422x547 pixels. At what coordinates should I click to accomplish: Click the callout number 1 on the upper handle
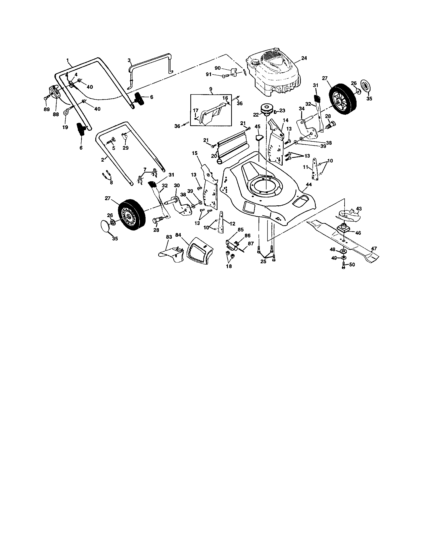point(67,60)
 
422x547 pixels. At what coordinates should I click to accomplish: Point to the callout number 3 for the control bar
point(129,60)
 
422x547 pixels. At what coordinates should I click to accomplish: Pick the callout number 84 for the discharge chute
point(178,235)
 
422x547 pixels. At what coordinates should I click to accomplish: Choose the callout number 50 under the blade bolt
point(352,265)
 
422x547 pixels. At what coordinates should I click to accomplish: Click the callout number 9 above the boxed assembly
point(211,89)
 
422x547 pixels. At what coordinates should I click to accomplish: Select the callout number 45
point(257,127)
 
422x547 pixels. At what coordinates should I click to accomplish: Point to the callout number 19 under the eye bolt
point(65,127)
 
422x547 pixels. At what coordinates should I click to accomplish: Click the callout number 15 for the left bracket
point(195,153)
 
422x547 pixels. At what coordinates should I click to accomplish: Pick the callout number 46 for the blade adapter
point(358,233)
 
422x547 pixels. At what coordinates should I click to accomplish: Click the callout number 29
point(125,148)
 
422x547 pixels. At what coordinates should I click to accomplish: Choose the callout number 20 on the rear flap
point(214,156)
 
